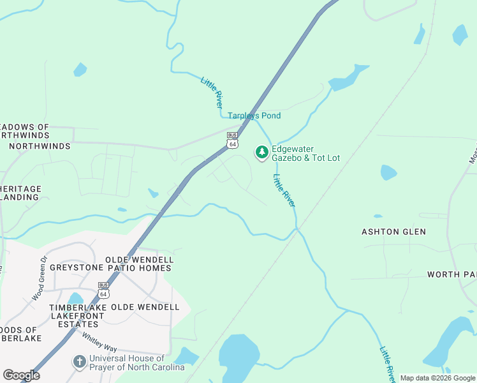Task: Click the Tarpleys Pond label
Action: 254,116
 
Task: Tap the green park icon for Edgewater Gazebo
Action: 261,152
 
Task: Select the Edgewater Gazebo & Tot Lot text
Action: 306,153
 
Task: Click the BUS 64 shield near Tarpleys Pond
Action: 232,140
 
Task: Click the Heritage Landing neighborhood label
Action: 20,193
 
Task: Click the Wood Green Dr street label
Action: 40,279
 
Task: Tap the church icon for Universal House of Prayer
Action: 79,362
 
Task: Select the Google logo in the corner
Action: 21,375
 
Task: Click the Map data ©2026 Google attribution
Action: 437,379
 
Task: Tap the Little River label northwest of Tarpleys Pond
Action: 212,92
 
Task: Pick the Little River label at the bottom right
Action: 386,364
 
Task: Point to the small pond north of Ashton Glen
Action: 388,172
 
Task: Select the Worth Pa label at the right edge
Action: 451,274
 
